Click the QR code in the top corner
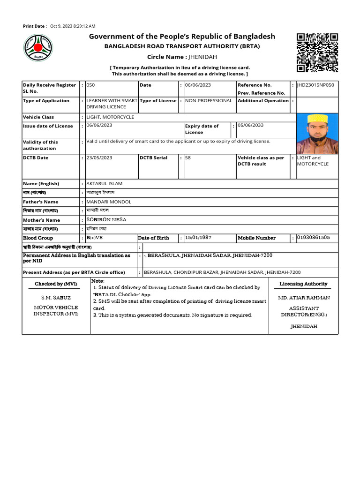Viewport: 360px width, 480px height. (317, 52)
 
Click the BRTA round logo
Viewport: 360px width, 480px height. (38, 49)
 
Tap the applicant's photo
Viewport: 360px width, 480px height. (317, 133)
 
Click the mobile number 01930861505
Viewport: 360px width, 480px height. (313, 238)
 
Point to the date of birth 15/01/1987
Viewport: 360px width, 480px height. (198, 238)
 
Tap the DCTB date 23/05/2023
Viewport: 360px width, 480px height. (99, 158)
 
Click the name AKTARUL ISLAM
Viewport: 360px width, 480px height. (104, 184)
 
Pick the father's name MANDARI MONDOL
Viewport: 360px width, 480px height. (109, 202)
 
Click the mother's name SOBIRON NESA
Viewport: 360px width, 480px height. (106, 219)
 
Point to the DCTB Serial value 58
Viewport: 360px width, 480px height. (187, 158)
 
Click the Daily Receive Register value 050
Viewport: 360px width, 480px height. (90, 85)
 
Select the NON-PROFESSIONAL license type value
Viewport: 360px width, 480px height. (209, 101)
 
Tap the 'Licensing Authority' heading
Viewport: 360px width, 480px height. (303, 284)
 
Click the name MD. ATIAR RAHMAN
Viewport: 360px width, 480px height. (304, 298)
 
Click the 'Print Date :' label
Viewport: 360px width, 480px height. (35, 26)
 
